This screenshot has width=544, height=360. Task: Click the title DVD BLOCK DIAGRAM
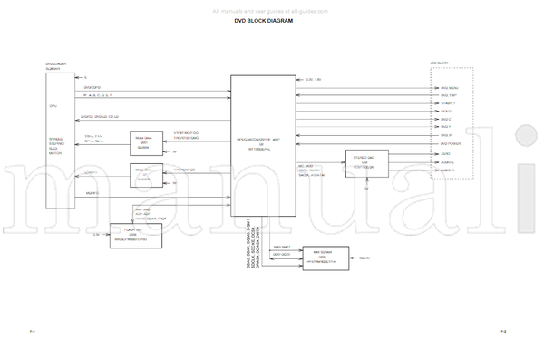tap(264, 21)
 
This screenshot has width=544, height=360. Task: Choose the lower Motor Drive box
tap(144, 173)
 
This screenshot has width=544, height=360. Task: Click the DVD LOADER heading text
tap(56, 64)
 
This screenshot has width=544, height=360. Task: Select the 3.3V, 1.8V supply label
tap(315, 79)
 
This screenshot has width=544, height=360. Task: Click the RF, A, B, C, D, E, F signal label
tap(97, 95)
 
